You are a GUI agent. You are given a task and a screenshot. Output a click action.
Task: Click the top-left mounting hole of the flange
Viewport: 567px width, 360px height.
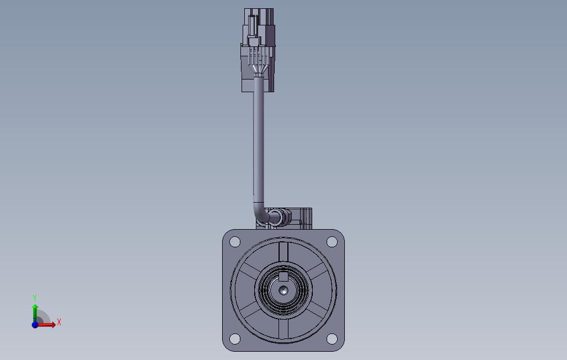(235, 241)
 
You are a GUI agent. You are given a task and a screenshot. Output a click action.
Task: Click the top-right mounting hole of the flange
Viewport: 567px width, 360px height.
(332, 241)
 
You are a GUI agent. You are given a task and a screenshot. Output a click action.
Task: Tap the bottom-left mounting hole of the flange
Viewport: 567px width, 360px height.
(235, 338)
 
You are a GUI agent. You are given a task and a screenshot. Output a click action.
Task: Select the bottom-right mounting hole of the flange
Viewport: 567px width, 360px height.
(332, 338)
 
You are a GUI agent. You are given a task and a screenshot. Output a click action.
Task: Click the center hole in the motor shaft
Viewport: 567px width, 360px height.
(283, 290)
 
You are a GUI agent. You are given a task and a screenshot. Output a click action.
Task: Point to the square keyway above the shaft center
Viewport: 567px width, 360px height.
(283, 277)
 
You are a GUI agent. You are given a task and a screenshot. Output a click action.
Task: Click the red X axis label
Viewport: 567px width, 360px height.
(59, 322)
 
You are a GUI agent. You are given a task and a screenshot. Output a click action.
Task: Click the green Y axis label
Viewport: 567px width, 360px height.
(35, 298)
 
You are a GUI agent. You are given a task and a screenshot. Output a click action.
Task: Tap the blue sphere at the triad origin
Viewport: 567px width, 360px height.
(35, 325)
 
